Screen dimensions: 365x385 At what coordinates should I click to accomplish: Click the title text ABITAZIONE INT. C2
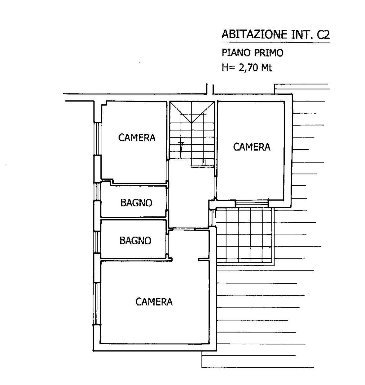click(275, 35)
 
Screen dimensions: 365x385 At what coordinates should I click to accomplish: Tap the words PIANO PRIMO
click(253, 53)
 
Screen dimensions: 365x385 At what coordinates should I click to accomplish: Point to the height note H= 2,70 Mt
click(247, 68)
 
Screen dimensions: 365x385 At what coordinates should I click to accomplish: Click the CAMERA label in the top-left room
click(137, 138)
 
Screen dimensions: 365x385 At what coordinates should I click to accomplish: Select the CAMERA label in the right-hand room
click(252, 147)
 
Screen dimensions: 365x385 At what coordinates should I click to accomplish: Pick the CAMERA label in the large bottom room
click(154, 301)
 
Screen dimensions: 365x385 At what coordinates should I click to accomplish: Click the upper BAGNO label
click(136, 203)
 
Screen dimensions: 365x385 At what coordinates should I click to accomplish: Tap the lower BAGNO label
click(135, 241)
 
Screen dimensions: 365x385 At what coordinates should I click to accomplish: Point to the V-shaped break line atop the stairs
click(192, 112)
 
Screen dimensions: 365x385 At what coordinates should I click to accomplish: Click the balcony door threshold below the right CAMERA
click(251, 203)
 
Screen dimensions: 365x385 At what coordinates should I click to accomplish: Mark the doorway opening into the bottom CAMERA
click(185, 260)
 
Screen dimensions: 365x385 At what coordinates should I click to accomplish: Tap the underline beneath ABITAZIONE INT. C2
click(275, 42)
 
